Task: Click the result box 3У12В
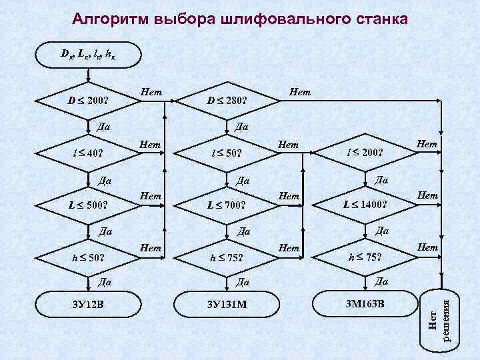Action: (x=89, y=307)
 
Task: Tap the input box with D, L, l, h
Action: (x=89, y=53)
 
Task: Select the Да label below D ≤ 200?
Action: (x=103, y=127)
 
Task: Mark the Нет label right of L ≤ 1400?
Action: (x=427, y=195)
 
